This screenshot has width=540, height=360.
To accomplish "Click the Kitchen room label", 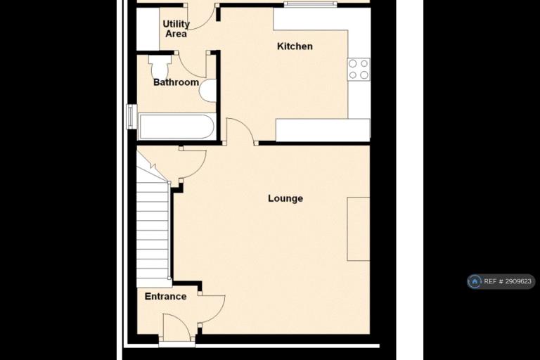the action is point(295,46).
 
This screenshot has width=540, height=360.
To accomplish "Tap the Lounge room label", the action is point(285,198).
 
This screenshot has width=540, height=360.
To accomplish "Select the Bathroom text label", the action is point(176,82).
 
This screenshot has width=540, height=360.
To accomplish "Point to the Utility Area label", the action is point(176,29).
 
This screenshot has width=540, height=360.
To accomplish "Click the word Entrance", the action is point(166,296).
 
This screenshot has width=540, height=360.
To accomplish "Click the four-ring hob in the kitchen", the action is point(359,69).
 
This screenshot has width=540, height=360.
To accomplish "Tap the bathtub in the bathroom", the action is point(176,127).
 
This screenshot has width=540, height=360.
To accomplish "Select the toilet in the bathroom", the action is point(160,67).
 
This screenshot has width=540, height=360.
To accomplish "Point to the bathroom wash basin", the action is point(207,91).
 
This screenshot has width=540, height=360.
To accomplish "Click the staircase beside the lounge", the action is point(153,224).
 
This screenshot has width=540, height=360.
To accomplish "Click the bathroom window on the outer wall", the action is point(131,117).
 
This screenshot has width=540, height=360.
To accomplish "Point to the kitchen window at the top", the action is point(310,4).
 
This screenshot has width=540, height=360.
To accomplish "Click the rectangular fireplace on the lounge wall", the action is point(358,229).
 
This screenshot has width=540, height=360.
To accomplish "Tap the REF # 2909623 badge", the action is point(501,281).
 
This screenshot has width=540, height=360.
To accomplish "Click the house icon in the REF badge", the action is point(475,281).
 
